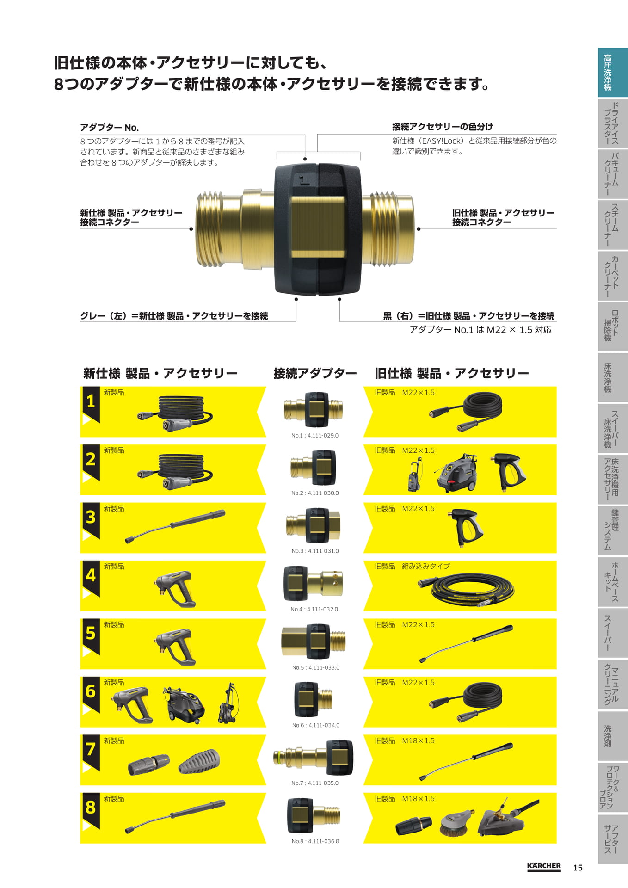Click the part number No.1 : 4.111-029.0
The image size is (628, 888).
pyautogui.click(x=314, y=435)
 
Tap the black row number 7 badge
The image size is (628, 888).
pyautogui.click(x=90, y=752)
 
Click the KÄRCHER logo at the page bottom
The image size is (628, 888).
pyautogui.click(x=544, y=866)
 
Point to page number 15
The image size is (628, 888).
pyautogui.click(x=578, y=868)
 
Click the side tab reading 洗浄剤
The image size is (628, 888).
pyautogui.click(x=613, y=735)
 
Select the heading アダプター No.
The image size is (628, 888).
pyautogui.click(x=109, y=128)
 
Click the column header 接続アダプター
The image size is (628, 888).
pyautogui.click(x=315, y=373)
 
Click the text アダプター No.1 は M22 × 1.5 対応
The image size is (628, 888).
pyautogui.click(x=480, y=330)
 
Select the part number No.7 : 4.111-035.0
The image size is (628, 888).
pyautogui.click(x=315, y=783)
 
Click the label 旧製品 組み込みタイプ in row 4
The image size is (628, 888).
pyautogui.click(x=412, y=566)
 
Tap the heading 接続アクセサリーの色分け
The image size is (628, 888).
pyautogui.click(x=443, y=127)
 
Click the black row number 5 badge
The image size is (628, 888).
pyautogui.click(x=90, y=636)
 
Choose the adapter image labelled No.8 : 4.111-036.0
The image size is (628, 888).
pyautogui.click(x=314, y=816)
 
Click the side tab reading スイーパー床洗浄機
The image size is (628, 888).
pyautogui.click(x=613, y=428)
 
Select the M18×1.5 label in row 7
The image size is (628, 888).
pyautogui.click(x=418, y=740)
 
